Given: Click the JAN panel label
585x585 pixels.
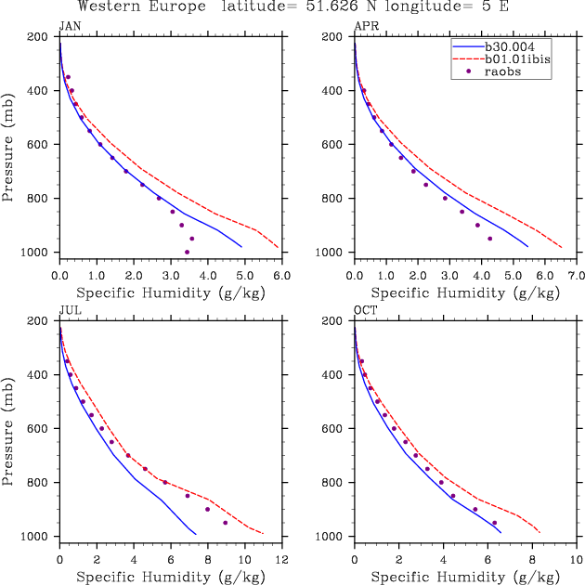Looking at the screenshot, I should click(x=69, y=26).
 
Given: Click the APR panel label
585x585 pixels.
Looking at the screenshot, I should click(x=364, y=26).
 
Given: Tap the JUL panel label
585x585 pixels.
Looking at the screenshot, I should click(x=69, y=311).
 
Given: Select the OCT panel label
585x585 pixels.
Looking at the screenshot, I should click(x=364, y=311).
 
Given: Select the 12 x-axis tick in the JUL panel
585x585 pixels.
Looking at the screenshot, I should click(x=281, y=561).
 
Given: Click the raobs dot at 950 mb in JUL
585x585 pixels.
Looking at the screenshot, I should click(x=225, y=523).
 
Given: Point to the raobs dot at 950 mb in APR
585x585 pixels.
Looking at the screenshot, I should click(x=489, y=239).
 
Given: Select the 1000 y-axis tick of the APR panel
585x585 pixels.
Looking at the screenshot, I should click(x=333, y=253).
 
